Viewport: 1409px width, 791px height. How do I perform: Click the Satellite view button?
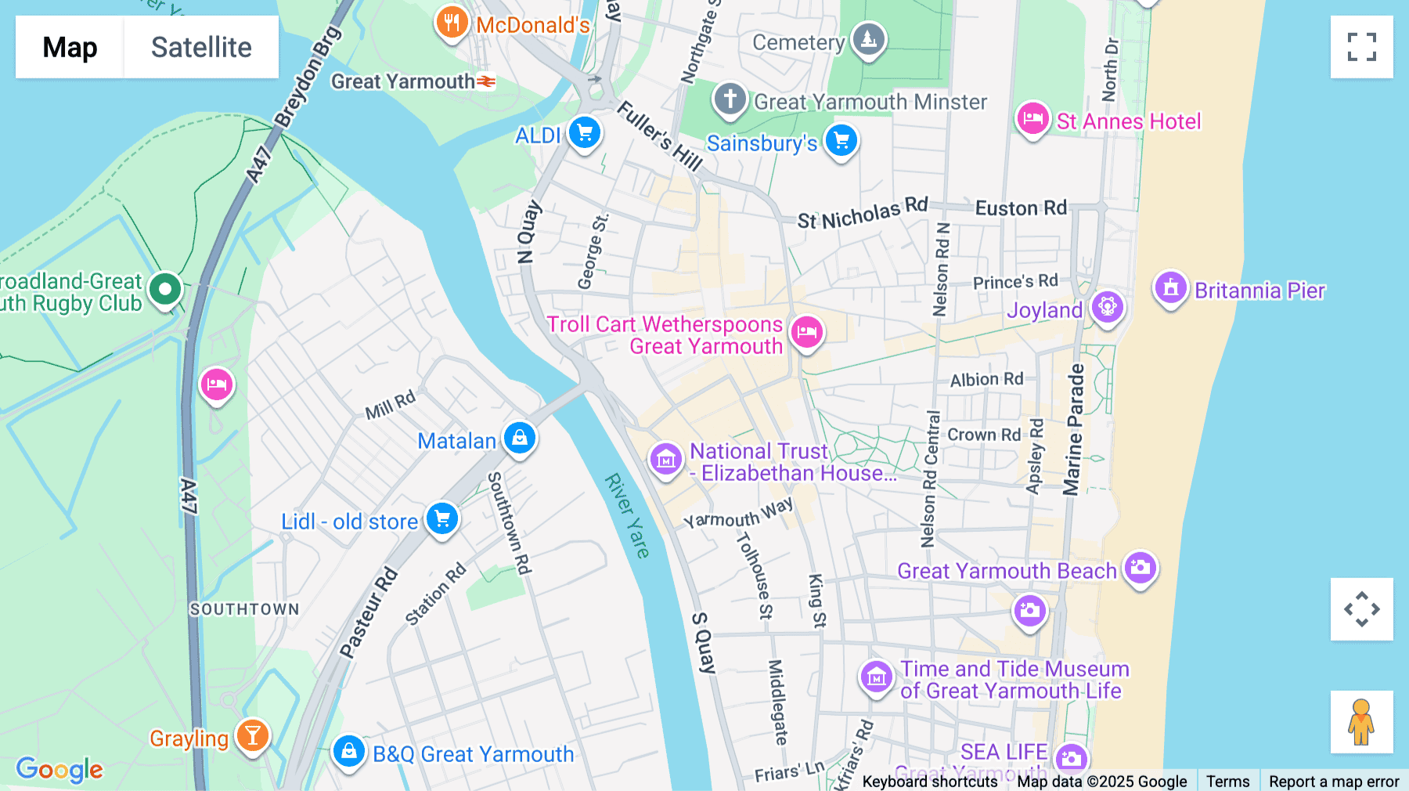201,47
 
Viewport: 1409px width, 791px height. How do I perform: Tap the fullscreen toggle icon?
1361,47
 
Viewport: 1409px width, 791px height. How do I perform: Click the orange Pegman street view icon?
1361,721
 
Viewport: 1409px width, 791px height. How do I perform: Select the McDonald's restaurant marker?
452,23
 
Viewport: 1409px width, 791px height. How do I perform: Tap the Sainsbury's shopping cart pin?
841,141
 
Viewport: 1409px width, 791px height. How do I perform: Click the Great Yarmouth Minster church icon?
730,99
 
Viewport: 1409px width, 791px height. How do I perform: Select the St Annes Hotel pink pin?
1032,120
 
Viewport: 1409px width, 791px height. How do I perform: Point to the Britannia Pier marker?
1170,288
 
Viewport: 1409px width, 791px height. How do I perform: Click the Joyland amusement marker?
1107,307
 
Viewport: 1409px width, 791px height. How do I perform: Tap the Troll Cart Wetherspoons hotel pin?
806,332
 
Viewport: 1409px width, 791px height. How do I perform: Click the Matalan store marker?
519,439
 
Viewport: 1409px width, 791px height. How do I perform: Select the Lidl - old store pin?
442,519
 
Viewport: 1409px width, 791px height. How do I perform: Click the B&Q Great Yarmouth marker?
348,752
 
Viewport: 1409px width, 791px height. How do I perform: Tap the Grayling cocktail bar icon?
252,735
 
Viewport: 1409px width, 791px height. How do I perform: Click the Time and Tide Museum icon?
876,677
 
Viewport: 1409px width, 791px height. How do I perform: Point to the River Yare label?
627,515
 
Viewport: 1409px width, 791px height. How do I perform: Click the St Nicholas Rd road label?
862,214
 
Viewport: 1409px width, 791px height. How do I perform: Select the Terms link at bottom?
1227,781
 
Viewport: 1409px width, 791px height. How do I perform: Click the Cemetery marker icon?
868,38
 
